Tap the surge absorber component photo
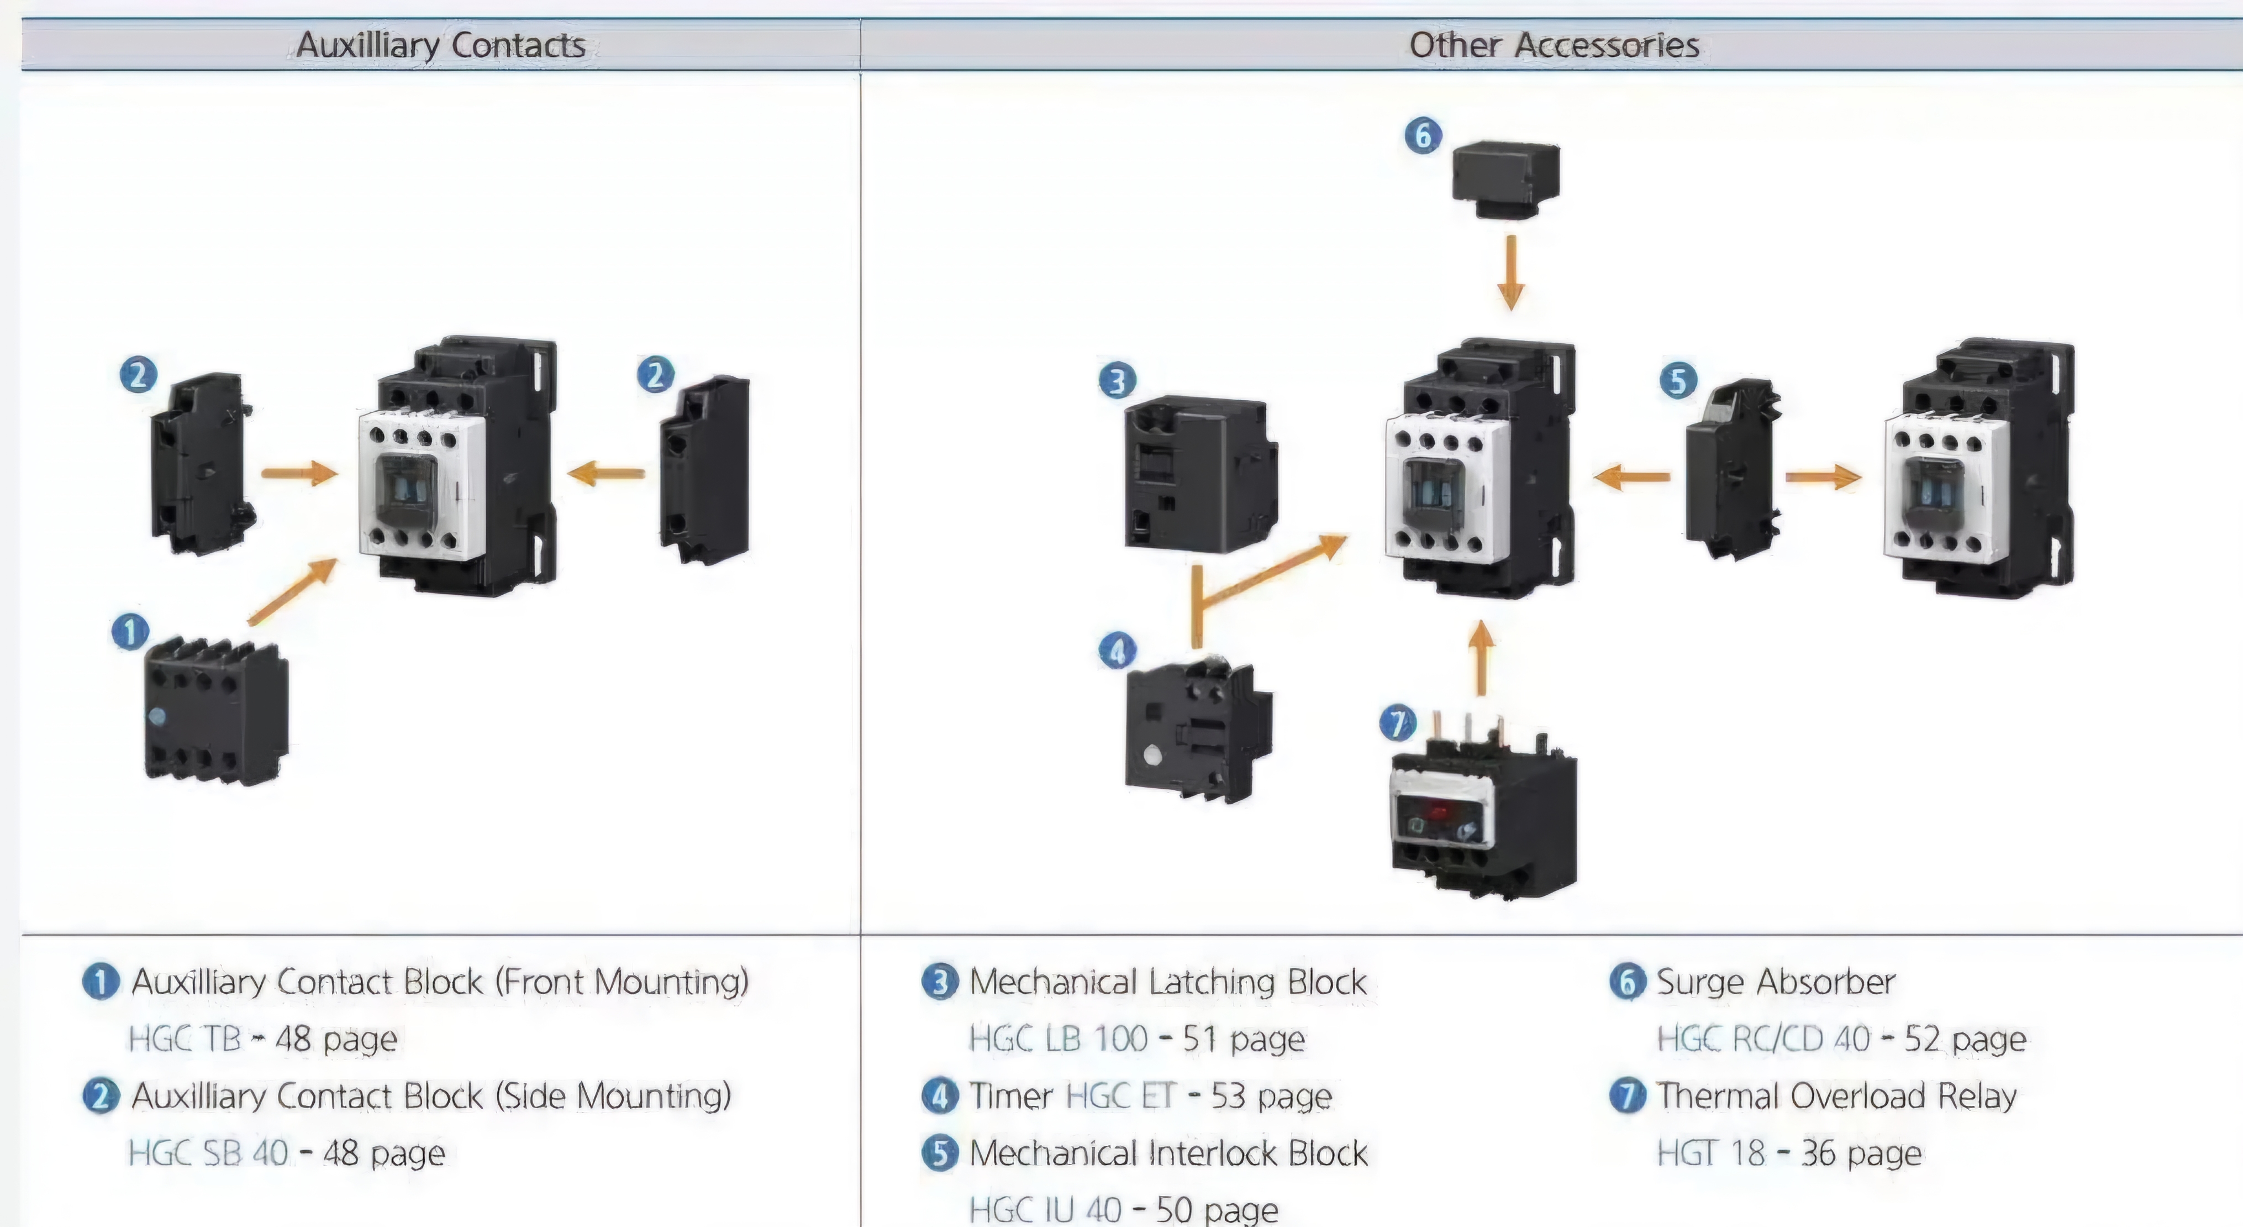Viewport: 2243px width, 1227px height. (1505, 182)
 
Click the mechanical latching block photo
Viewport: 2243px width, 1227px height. (1200, 475)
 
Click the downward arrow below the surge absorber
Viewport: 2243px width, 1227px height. (1512, 272)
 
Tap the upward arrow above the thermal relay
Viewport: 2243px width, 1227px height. (1480, 658)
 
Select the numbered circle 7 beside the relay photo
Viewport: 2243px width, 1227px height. (1398, 723)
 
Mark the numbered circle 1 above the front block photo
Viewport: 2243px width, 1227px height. (130, 631)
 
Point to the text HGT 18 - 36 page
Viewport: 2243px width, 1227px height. (1788, 1153)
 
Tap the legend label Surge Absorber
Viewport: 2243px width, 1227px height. (1776, 982)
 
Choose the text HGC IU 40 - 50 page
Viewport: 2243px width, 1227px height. (1123, 1209)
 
